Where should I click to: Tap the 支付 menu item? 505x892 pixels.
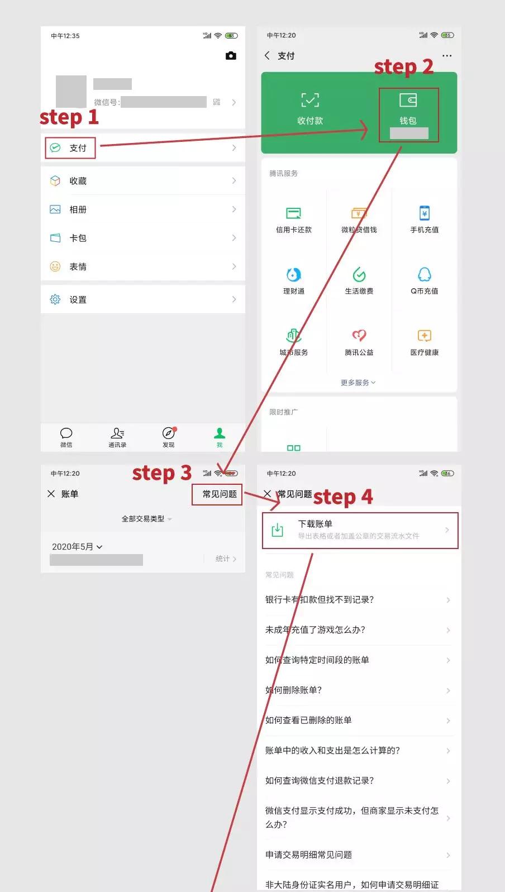tap(77, 148)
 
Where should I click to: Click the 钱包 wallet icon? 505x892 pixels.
tap(408, 101)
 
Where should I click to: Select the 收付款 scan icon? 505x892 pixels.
tap(310, 101)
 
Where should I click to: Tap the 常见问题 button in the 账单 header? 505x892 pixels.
tap(219, 494)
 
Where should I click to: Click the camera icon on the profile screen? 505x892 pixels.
tap(231, 56)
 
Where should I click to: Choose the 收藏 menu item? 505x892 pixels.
tap(78, 181)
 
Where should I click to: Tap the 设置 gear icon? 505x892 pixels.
tap(55, 299)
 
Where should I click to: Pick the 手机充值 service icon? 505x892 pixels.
tap(425, 213)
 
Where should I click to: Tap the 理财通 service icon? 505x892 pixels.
tap(294, 275)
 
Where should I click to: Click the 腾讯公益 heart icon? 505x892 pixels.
tap(359, 336)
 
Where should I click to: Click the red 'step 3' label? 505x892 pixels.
tap(161, 473)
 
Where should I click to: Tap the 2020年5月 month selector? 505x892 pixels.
tap(77, 547)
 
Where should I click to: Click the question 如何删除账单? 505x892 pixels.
tap(294, 690)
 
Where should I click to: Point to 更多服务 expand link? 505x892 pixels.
tap(358, 383)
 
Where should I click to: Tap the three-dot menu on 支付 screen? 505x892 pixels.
tap(447, 56)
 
